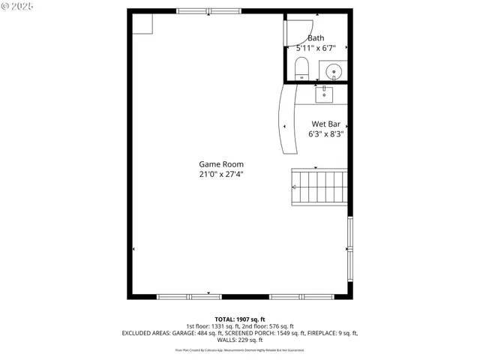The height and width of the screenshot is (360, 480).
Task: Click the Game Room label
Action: tap(220, 164)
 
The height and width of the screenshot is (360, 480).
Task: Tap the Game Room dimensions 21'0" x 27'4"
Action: tap(220, 174)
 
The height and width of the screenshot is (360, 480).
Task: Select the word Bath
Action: tap(316, 38)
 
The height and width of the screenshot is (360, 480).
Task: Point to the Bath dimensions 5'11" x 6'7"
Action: tap(316, 48)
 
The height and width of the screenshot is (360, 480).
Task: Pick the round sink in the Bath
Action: tap(334, 71)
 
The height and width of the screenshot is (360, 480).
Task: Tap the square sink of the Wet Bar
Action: tap(325, 93)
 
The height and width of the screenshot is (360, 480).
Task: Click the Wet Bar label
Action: tap(326, 124)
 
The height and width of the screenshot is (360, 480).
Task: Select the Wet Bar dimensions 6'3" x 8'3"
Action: tap(326, 134)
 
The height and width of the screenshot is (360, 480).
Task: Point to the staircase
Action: tap(318, 187)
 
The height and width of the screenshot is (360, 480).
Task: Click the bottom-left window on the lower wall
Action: tap(189, 297)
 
